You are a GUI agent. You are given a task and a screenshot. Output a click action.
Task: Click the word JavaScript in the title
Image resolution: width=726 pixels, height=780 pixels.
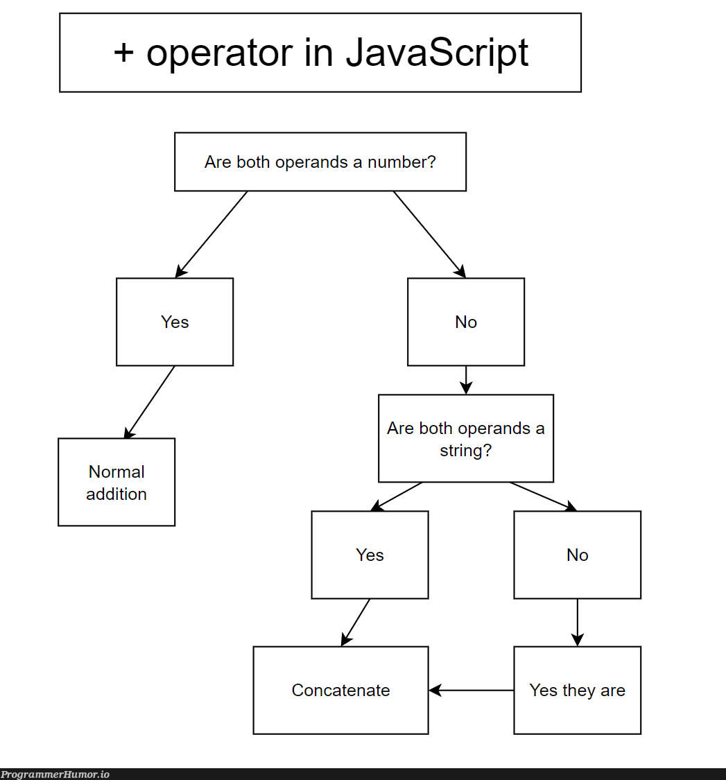[x=437, y=53]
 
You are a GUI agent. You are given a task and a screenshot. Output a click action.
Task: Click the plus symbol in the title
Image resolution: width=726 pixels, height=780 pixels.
[x=123, y=53]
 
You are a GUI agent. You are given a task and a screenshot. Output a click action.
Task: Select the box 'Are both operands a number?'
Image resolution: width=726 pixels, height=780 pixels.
[x=320, y=162]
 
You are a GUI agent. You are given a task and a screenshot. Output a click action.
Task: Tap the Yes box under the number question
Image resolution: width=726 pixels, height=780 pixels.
[x=175, y=322]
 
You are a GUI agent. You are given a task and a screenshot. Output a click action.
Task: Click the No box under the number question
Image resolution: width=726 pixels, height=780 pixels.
[x=466, y=322]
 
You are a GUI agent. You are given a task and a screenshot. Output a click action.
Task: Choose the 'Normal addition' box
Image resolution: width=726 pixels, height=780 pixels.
[x=116, y=483]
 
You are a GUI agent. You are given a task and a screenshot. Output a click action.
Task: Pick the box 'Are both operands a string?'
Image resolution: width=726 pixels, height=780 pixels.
[x=466, y=438]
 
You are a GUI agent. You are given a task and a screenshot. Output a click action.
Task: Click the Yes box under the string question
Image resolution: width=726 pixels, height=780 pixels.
[x=370, y=555]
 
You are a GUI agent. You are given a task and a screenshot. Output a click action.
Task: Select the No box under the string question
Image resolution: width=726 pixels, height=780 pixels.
[x=577, y=555]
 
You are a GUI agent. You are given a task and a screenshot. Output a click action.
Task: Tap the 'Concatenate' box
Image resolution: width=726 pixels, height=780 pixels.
[x=340, y=690]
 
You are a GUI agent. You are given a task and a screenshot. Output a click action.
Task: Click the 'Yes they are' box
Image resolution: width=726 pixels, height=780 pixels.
[x=577, y=690]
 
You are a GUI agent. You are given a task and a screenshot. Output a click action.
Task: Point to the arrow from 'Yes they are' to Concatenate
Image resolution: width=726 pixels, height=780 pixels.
[x=472, y=690]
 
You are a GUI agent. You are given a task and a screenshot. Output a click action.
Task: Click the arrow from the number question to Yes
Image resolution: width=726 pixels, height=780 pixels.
[x=211, y=234]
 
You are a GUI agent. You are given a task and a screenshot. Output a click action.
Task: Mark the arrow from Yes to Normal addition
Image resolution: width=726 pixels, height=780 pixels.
[x=150, y=402]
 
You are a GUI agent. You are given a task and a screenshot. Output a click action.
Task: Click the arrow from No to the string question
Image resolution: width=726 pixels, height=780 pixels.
[x=466, y=380]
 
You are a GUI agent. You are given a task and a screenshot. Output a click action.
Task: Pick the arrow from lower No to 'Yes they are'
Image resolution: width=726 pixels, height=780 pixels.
[x=577, y=622]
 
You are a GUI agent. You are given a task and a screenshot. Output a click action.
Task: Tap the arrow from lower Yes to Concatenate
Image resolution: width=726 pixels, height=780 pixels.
[x=356, y=622]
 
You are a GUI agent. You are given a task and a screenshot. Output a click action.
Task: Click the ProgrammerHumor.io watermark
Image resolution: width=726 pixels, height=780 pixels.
[x=55, y=774]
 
